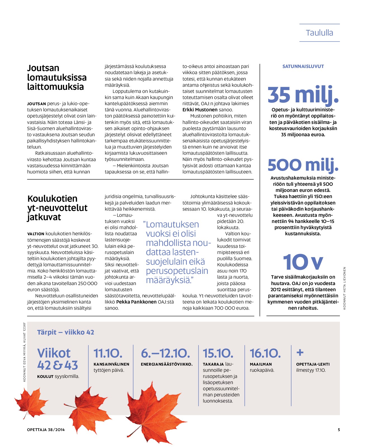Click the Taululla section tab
(x=319, y=33)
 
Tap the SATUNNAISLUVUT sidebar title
(x=303, y=67)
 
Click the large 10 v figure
(x=303, y=262)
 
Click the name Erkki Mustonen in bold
(x=200, y=110)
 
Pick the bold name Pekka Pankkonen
(x=136, y=302)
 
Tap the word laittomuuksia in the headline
(x=55, y=87)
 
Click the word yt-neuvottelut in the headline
(x=57, y=208)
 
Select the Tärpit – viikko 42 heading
(x=65, y=332)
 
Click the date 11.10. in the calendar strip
(x=108, y=353)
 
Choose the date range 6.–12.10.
(x=165, y=353)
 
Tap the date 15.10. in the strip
(x=218, y=353)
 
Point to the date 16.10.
(x=265, y=353)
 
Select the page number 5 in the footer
(x=339, y=430)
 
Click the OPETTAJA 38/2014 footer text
(x=46, y=430)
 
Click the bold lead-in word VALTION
(x=36, y=234)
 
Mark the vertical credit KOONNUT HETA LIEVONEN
(x=344, y=288)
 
